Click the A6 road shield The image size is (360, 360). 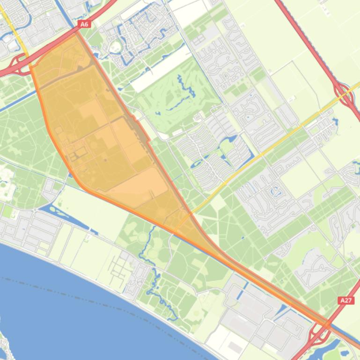[x=84, y=24]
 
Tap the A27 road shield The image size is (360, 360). [x=346, y=300]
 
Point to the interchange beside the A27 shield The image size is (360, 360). [x=323, y=328]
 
